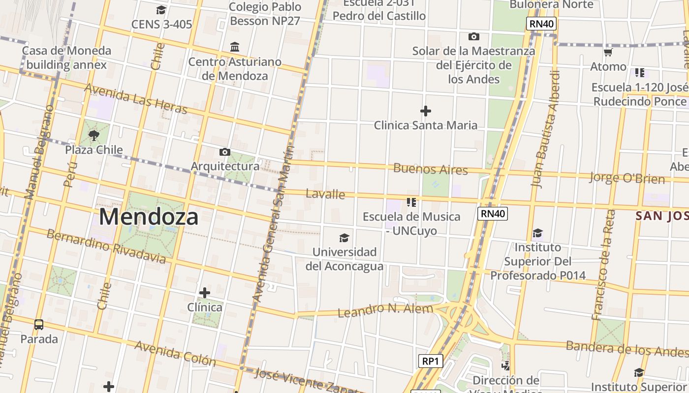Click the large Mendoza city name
149,217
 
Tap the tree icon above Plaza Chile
94,136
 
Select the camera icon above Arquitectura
225,152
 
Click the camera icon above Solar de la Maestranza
473,36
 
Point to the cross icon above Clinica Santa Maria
426,112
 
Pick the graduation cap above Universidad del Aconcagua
344,238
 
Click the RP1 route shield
430,361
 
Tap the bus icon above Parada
39,325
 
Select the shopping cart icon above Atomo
608,52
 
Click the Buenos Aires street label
430,169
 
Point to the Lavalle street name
325,194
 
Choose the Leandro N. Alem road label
385,310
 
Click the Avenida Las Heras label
136,98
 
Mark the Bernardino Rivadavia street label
106,246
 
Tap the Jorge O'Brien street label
627,178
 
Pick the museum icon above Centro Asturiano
235,47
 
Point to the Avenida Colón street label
175,353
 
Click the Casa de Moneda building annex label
66,57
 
